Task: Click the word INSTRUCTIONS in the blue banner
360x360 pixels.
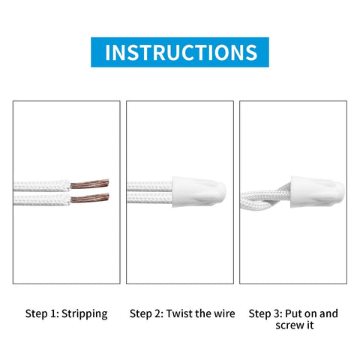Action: point(180,52)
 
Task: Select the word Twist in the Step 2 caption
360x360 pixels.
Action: point(179,313)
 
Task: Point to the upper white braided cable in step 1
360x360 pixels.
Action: point(41,184)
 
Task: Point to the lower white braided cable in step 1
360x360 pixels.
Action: point(41,199)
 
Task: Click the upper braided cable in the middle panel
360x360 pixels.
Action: point(148,184)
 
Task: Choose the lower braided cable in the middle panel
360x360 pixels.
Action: point(148,199)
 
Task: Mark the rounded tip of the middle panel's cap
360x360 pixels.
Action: point(223,193)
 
